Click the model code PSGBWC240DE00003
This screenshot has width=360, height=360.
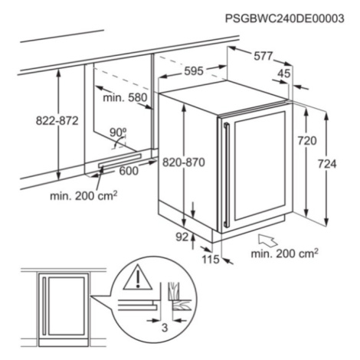click(x=284, y=18)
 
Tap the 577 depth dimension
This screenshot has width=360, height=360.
click(x=263, y=56)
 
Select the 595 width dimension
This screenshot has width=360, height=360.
click(x=194, y=71)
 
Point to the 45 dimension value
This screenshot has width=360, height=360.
click(x=284, y=74)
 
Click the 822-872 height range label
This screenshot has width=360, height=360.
click(x=57, y=120)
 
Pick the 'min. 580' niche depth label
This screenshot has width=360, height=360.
click(x=125, y=97)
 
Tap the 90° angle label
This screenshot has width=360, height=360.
click(x=118, y=133)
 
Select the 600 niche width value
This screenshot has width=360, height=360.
click(x=129, y=171)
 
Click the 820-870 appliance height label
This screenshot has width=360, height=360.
click(x=184, y=162)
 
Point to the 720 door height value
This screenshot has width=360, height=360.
click(x=307, y=141)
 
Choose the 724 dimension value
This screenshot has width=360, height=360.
click(x=327, y=164)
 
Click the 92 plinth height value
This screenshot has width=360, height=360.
click(x=182, y=237)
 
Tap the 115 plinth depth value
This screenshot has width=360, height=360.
click(x=211, y=260)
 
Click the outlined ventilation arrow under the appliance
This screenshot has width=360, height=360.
click(x=268, y=241)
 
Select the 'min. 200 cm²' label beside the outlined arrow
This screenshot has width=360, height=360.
click(x=284, y=254)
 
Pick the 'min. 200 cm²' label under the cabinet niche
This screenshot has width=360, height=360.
click(x=83, y=196)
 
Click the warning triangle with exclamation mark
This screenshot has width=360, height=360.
click(x=138, y=277)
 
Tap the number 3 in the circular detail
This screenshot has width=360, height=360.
click(x=165, y=328)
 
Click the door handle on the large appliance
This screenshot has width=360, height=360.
click(x=226, y=175)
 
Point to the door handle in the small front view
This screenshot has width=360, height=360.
click(x=44, y=306)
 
